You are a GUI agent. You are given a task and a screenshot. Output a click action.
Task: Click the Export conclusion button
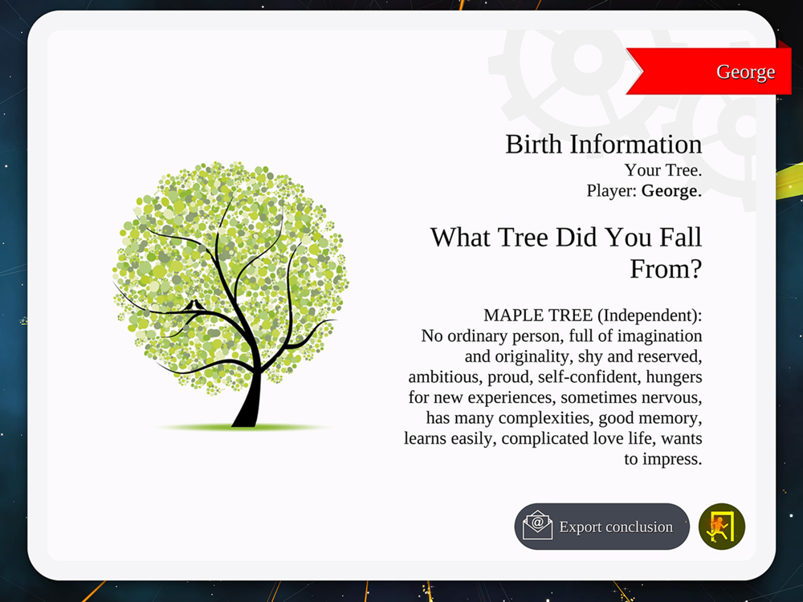[601, 527]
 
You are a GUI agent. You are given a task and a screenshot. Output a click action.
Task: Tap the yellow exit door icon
[722, 527]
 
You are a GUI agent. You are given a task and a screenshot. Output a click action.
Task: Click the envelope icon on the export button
[537, 525]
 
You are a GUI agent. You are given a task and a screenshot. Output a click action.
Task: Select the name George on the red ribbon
[745, 71]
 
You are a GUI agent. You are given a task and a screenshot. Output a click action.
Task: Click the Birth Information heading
[603, 144]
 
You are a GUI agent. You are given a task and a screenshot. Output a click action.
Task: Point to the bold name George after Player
[671, 191]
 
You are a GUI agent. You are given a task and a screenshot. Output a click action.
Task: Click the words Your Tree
[662, 170]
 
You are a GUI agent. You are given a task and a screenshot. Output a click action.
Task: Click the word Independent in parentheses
[646, 315]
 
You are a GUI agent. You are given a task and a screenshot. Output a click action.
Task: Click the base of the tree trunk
[245, 420]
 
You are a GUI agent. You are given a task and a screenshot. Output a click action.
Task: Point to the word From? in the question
[666, 269]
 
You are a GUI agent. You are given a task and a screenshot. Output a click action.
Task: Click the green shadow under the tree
[241, 427]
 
